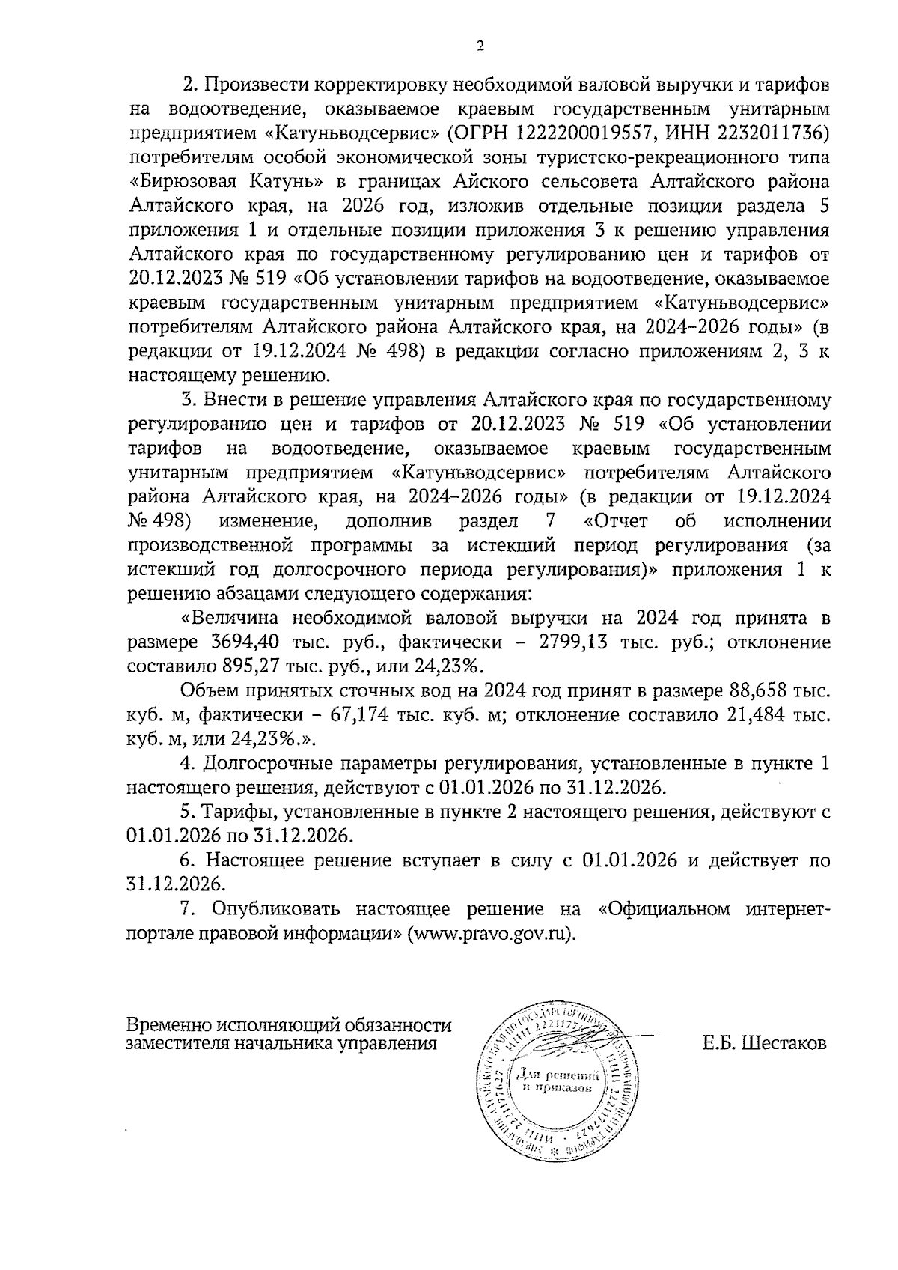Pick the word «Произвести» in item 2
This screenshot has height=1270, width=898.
pyautogui.click(x=250, y=85)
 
